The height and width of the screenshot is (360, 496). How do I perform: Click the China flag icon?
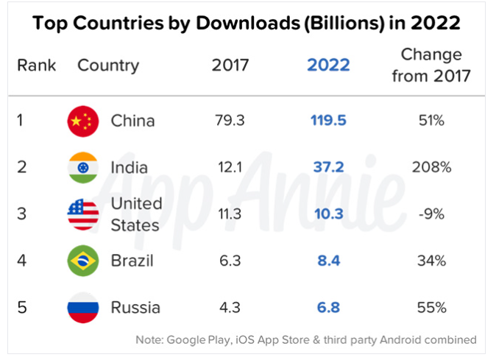click(x=82, y=121)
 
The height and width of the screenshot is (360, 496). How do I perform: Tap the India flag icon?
click(x=82, y=167)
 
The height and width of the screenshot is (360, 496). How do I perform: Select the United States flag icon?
click(x=82, y=213)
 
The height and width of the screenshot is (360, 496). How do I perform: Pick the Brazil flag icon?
click(x=82, y=261)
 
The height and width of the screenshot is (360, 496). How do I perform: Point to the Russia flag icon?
click(x=82, y=307)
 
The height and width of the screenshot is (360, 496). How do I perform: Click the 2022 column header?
click(x=328, y=65)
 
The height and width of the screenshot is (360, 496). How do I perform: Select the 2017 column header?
click(x=230, y=65)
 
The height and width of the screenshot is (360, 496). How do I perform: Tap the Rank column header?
click(x=36, y=65)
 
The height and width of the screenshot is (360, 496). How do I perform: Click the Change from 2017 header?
click(x=431, y=65)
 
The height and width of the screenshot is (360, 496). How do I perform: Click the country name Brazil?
click(x=132, y=261)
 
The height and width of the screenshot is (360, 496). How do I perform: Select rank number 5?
click(x=22, y=307)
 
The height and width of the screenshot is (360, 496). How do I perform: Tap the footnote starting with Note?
click(x=306, y=340)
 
